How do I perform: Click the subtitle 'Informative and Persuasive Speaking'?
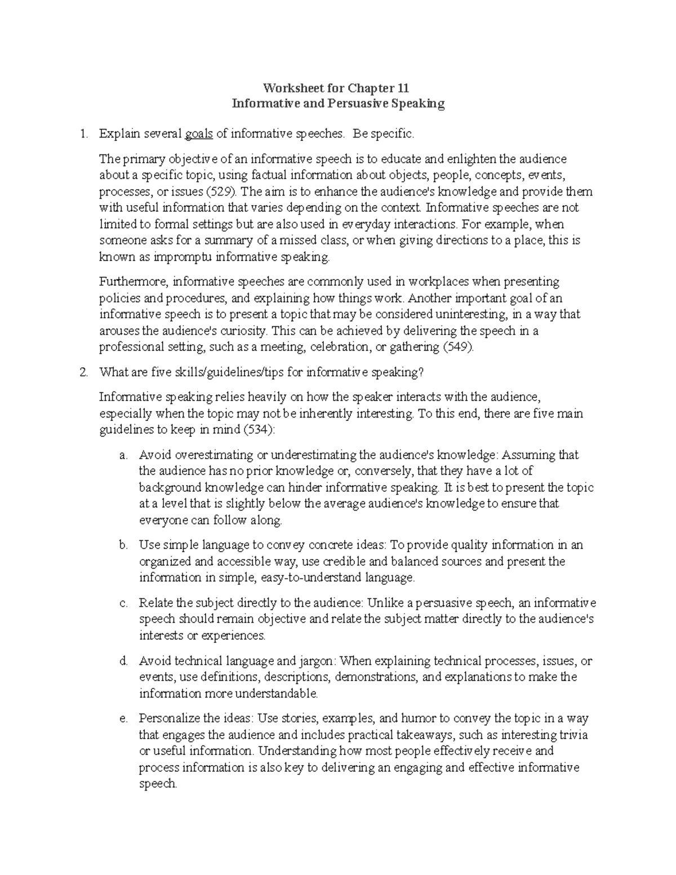(338, 104)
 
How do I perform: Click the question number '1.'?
(84, 134)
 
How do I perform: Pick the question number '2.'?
(84, 372)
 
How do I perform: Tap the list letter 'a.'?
(124, 455)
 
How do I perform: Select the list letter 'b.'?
(124, 545)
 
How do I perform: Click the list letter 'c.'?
(124, 603)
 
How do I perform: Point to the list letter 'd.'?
(124, 661)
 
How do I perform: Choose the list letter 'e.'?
(124, 718)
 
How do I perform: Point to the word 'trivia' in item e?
(572, 735)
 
